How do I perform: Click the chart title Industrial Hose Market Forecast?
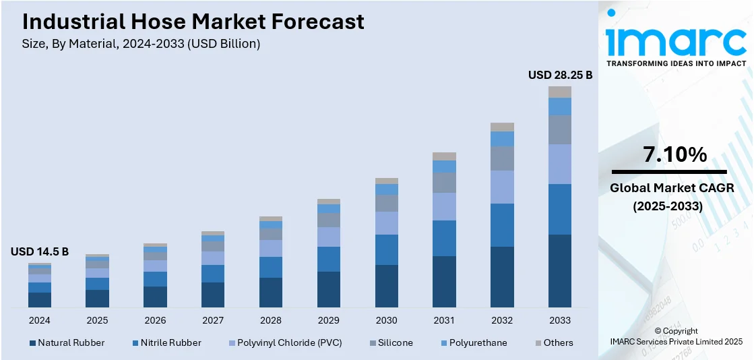pyautogui.click(x=193, y=22)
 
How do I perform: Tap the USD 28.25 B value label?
pyautogui.click(x=560, y=75)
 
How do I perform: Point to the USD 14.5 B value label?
pyautogui.click(x=40, y=251)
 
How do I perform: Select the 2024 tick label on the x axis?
pyautogui.click(x=40, y=320)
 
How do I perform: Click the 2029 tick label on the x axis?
pyautogui.click(x=329, y=320)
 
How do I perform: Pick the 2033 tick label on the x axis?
pyautogui.click(x=560, y=320)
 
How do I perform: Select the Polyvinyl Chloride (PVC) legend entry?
pyautogui.click(x=284, y=342)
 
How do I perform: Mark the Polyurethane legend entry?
pyautogui.click(x=478, y=342)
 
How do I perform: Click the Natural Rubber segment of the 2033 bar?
pyautogui.click(x=560, y=271)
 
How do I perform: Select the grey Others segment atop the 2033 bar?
pyautogui.click(x=560, y=92)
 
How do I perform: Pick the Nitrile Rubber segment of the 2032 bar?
pyautogui.click(x=502, y=225)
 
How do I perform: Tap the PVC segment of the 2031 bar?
pyautogui.click(x=444, y=206)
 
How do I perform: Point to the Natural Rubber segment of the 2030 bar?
pyautogui.click(x=386, y=287)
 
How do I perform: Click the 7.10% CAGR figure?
pyautogui.click(x=675, y=155)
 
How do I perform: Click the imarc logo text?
pyautogui.click(x=676, y=41)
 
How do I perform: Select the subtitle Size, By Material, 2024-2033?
pyautogui.click(x=142, y=44)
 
